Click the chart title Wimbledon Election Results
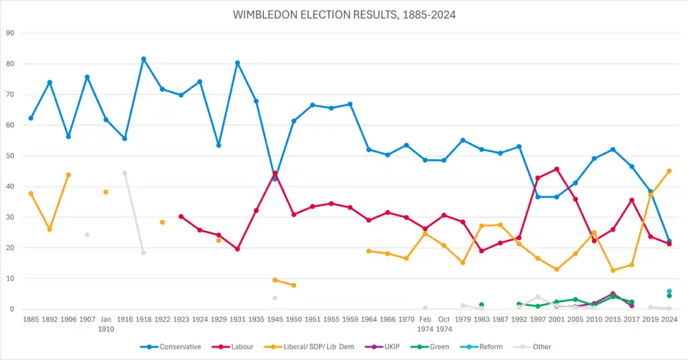click(343, 14)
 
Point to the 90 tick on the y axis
click(10, 33)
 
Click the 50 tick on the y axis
click(10, 156)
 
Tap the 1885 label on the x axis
click(31, 319)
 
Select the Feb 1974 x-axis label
click(425, 323)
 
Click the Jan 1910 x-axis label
click(105, 323)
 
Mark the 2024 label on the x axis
click(669, 319)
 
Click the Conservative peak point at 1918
click(143, 59)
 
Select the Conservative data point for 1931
click(237, 63)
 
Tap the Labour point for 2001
click(557, 169)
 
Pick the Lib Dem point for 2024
click(669, 171)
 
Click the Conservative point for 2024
click(669, 241)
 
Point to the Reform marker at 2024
click(669, 291)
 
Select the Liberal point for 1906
click(68, 174)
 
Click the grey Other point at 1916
click(125, 173)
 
